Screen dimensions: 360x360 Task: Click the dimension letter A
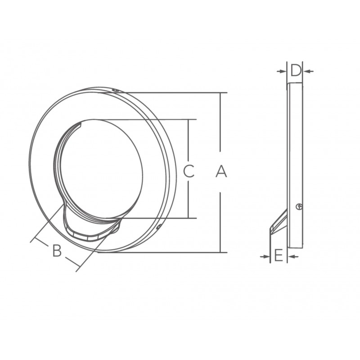tap(221, 171)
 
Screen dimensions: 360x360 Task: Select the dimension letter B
tap(57, 251)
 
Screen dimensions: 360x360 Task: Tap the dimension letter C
tap(189, 171)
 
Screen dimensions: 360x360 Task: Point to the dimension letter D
tap(296, 71)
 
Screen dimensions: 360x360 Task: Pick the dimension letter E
tap(279, 256)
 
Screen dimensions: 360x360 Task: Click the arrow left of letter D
tap(282, 72)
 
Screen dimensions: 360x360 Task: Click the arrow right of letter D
tap(308, 72)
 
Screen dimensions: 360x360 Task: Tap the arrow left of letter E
tap(265, 256)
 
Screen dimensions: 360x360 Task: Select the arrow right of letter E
tap(293, 256)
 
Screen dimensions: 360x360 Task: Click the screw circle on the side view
tap(299, 207)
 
